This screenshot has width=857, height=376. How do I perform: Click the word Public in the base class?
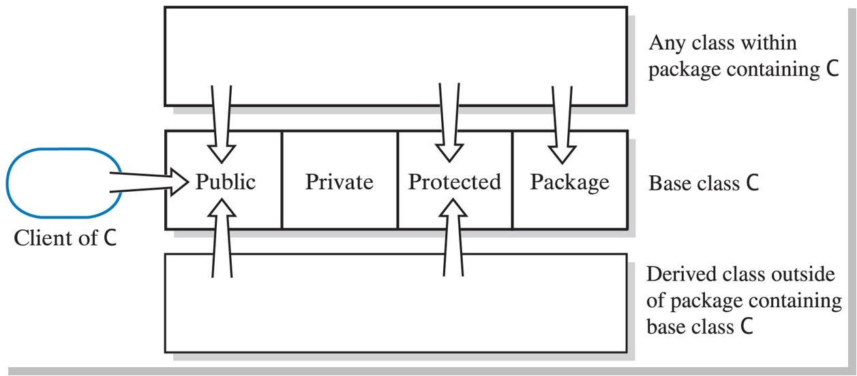[x=226, y=182]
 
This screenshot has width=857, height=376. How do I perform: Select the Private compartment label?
[x=339, y=182]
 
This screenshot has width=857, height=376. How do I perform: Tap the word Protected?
[x=454, y=182]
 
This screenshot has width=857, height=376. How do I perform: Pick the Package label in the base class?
[x=569, y=182]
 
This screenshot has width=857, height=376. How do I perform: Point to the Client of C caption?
[x=65, y=238]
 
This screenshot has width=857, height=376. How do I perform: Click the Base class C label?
[x=703, y=184]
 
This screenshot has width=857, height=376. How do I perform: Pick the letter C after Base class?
[x=752, y=184]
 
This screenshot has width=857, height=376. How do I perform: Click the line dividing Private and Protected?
[x=397, y=180]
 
